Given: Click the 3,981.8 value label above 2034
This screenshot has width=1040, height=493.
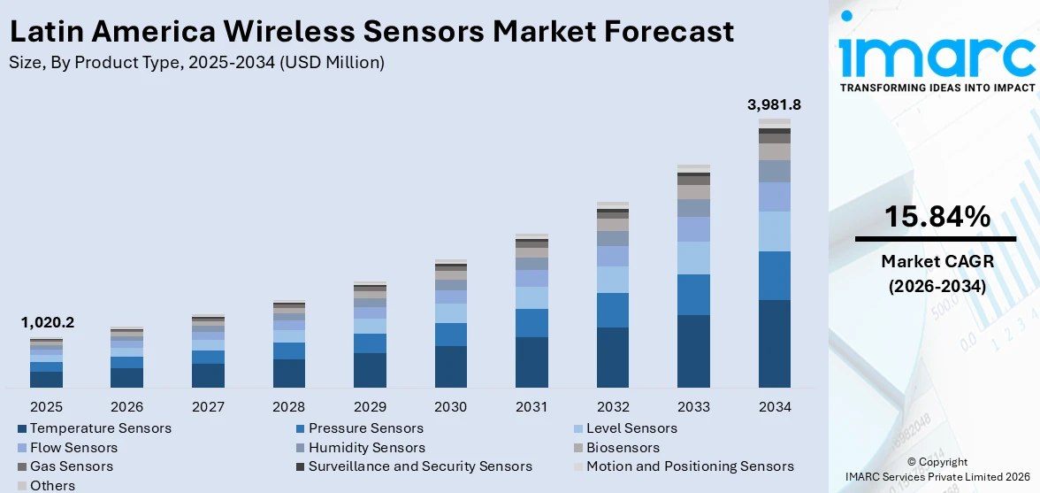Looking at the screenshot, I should (774, 104).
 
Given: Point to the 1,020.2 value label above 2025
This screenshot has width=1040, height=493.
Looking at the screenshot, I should (47, 323).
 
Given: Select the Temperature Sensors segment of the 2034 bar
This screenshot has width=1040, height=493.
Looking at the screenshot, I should (774, 343).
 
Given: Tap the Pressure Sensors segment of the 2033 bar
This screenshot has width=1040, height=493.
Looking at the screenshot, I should (693, 295).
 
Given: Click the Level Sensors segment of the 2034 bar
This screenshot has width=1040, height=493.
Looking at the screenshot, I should (774, 231).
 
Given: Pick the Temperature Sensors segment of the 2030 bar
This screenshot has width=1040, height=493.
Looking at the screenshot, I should (451, 366).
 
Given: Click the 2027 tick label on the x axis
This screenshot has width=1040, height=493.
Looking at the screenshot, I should (208, 407).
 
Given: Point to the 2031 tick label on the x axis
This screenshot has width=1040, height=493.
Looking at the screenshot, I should (531, 407).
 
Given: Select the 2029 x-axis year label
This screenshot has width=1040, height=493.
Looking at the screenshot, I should (370, 407).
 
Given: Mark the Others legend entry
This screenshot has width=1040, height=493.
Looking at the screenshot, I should (52, 485).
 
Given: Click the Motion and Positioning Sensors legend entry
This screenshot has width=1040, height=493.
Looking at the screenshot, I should (689, 466).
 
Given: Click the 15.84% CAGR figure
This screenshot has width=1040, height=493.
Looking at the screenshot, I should (937, 216).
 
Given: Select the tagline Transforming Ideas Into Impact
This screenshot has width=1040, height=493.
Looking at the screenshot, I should (937, 88).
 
